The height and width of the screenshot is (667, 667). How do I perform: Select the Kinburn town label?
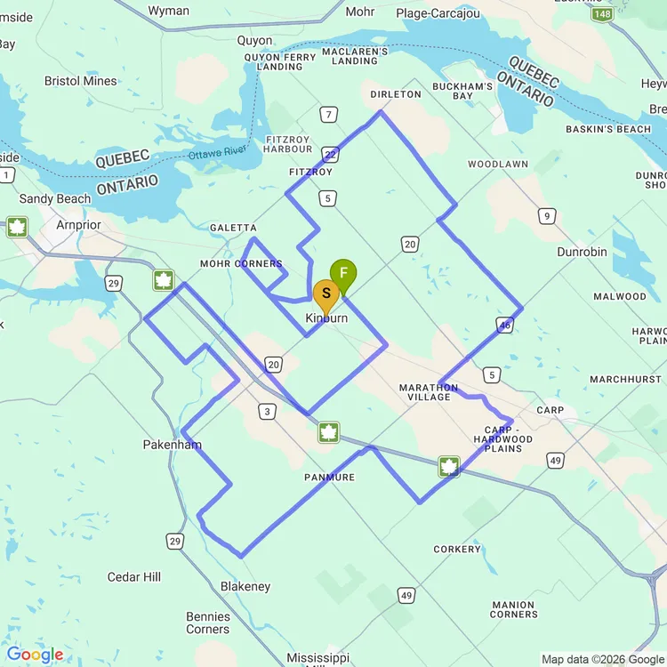tap(326, 318)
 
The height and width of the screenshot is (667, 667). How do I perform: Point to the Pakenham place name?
tap(172, 445)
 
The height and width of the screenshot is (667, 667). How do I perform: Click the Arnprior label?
tap(78, 225)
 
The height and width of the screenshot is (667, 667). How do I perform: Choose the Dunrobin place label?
tap(582, 252)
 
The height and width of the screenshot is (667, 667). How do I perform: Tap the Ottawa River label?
tap(222, 154)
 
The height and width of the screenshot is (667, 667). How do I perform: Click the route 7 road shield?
tap(330, 115)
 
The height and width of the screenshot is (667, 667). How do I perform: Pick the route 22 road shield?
tap(330, 154)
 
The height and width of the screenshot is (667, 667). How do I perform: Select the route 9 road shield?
tap(548, 215)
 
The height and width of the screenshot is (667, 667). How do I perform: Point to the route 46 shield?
tap(505, 325)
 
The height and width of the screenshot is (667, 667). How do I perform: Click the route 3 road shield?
tap(267, 411)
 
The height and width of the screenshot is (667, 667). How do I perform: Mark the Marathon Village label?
tap(429, 392)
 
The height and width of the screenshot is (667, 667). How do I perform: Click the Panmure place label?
tap(329, 478)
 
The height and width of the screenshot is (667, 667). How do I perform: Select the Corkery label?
tap(457, 550)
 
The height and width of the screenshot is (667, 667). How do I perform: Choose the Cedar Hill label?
tap(134, 577)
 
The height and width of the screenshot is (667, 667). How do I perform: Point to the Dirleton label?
tap(396, 94)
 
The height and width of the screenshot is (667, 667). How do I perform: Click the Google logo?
tap(35, 655)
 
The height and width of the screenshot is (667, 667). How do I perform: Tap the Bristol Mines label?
tap(81, 81)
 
